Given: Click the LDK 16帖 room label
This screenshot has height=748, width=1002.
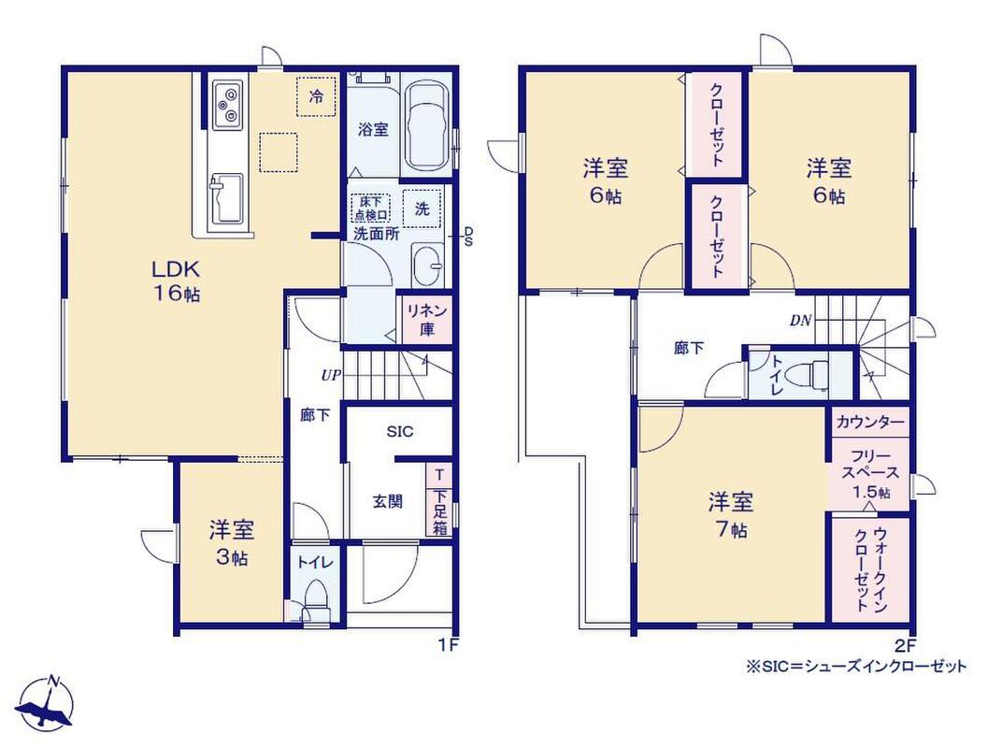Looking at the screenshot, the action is click(x=176, y=280).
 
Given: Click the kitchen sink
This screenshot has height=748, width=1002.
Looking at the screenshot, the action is click(x=225, y=198).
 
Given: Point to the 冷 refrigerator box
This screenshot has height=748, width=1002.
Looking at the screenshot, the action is click(x=316, y=96).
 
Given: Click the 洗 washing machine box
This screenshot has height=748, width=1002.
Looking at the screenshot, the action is click(x=422, y=209).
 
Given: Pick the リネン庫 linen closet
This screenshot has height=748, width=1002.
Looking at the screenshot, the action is click(x=426, y=321).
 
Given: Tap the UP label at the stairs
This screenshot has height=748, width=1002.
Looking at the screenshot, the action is click(x=331, y=376).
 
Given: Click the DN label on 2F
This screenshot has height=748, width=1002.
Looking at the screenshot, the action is click(x=800, y=321).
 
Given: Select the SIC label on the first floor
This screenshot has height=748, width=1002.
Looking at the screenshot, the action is click(x=400, y=432).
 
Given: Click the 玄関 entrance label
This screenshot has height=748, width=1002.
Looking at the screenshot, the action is click(x=387, y=501).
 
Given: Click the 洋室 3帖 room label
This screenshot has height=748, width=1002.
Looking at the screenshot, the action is click(x=231, y=543).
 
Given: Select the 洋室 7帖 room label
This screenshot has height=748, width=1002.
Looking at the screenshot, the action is click(x=730, y=515).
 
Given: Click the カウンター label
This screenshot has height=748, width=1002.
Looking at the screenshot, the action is click(x=870, y=422).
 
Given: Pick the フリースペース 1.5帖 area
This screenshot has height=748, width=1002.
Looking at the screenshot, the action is click(x=870, y=474).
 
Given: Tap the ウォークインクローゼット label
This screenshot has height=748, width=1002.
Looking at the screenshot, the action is click(x=870, y=570).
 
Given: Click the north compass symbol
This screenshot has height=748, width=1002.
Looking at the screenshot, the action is click(x=46, y=702).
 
